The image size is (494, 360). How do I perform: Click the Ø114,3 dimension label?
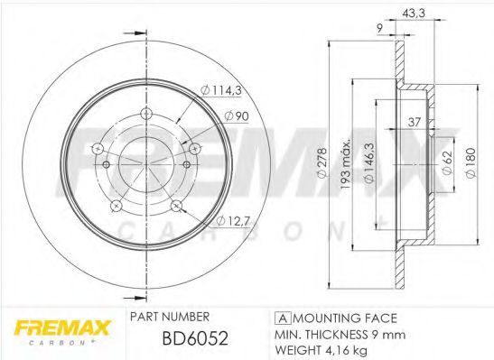221,90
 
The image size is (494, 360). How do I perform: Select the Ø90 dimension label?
237,116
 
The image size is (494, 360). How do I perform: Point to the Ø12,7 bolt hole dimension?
233,221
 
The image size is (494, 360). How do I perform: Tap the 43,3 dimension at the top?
414,13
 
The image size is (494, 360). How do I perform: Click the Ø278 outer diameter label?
323,163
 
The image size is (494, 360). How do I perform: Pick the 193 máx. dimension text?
346,163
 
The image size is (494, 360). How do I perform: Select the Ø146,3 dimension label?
369,163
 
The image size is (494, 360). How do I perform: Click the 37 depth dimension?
415,122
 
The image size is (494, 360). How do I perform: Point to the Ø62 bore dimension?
447,162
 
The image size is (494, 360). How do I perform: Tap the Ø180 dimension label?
470,163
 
